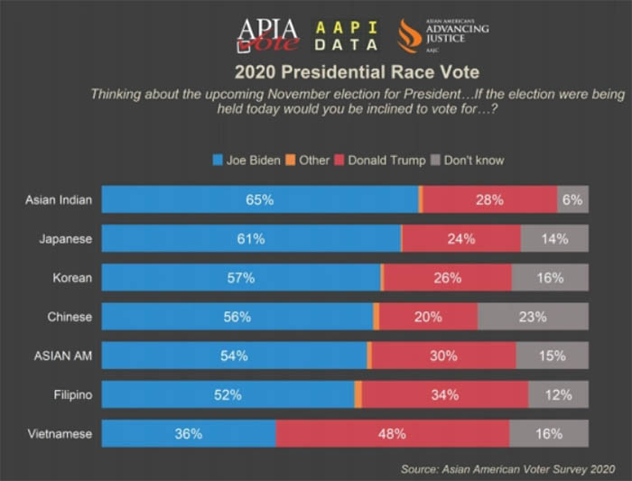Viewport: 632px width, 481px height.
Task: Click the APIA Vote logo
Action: (x=267, y=36)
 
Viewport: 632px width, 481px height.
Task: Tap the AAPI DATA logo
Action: (x=346, y=35)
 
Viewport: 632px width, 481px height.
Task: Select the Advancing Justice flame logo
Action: (x=408, y=36)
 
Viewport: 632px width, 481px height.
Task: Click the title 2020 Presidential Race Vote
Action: (x=357, y=71)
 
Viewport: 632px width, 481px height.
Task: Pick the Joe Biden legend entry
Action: (x=246, y=161)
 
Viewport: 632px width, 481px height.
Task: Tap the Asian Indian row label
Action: (x=58, y=199)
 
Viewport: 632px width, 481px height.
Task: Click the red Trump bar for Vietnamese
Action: (x=392, y=433)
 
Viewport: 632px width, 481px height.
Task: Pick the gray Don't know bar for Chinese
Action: (x=533, y=317)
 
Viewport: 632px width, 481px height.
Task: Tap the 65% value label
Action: (x=260, y=199)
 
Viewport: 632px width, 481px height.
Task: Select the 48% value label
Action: (x=391, y=433)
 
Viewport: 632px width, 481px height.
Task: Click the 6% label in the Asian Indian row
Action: (x=572, y=199)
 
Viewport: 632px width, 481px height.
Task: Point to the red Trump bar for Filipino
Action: (x=444, y=394)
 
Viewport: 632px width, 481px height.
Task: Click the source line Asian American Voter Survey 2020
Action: (x=507, y=468)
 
